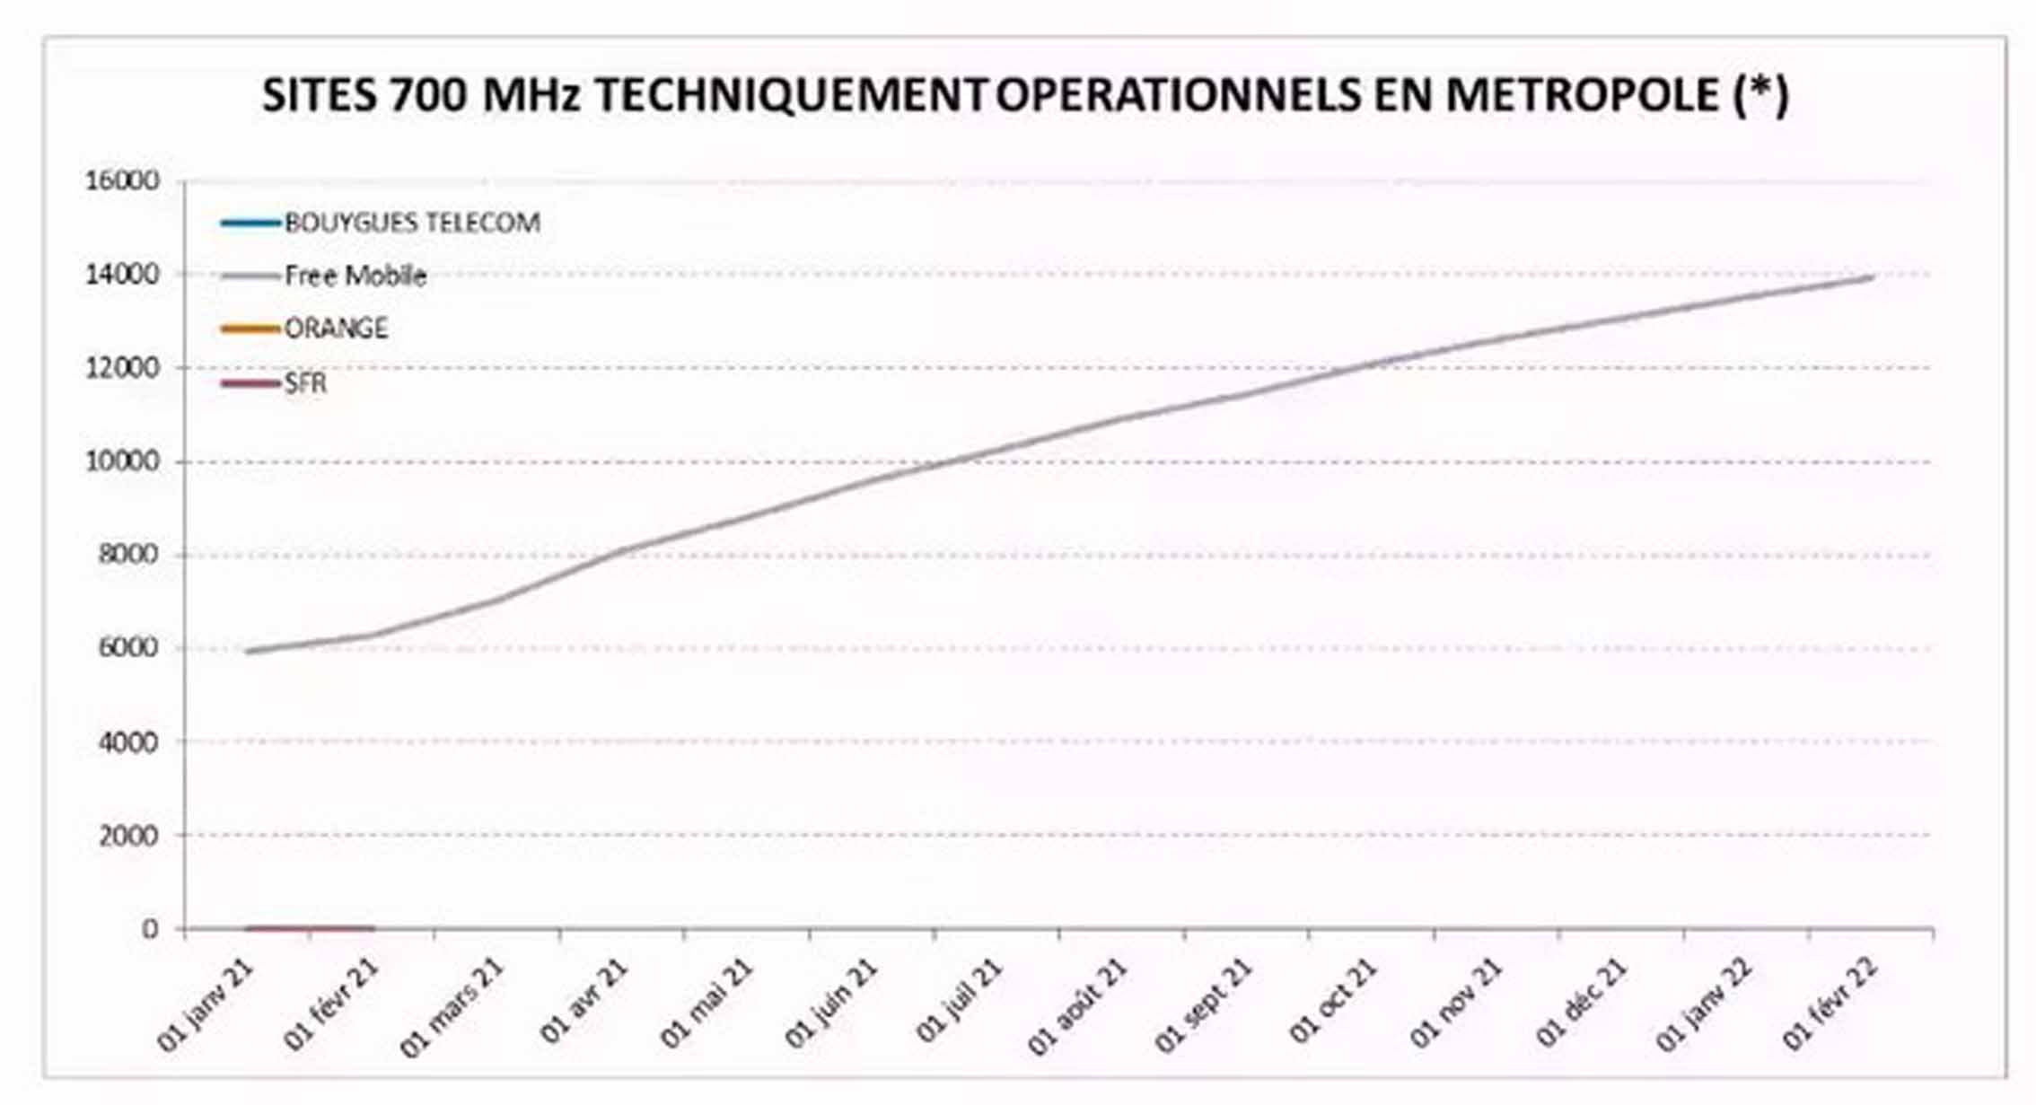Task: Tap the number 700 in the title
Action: tap(429, 95)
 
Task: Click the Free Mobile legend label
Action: tap(355, 276)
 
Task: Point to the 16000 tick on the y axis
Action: tap(122, 181)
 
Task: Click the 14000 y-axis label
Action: tap(122, 275)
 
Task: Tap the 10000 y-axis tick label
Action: tap(122, 461)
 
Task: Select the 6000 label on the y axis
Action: tap(127, 647)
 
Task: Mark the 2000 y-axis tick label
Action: tap(127, 835)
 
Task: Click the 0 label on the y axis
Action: tap(149, 929)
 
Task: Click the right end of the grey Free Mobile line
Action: tap(1871, 277)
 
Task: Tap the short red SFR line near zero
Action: tap(310, 928)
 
